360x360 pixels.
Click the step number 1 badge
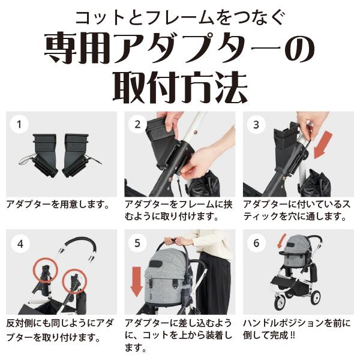coord(20,125)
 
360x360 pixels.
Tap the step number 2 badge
coord(138,125)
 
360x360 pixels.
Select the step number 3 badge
coord(256,125)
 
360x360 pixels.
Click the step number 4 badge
coord(20,244)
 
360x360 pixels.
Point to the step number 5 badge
coord(138,244)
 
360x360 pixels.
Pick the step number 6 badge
coord(256,244)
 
